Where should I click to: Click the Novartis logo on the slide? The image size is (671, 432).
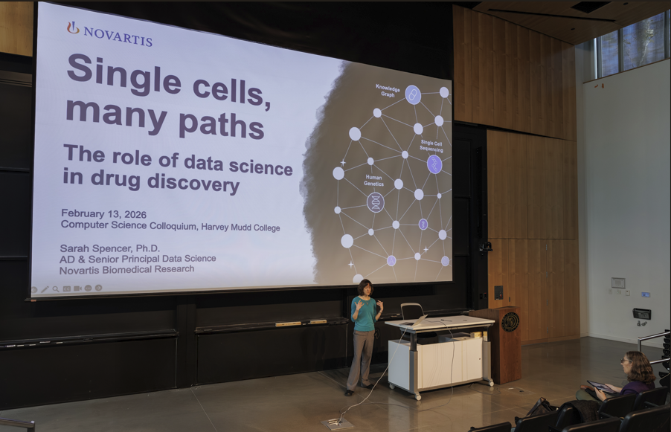coord(109,33)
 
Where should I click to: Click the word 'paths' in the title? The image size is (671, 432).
coord(221,124)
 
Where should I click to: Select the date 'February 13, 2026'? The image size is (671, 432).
coord(103,214)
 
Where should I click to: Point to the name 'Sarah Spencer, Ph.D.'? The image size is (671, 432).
coord(110,248)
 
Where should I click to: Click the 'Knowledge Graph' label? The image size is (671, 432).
coord(388,91)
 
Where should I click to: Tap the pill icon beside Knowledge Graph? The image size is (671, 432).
coord(413,95)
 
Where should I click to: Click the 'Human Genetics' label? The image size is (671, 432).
coord(373,180)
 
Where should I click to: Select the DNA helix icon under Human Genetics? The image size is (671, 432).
coord(375,202)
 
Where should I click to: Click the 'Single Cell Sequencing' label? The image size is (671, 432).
coord(431,146)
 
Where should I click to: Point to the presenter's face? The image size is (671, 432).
coord(366,289)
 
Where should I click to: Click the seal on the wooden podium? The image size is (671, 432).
coord(510,322)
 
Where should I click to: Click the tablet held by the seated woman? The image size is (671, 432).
coord(601,387)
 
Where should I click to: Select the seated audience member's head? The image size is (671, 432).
coord(635,367)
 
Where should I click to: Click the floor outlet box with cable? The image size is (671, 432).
coord(337,423)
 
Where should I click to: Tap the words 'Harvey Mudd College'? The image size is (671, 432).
coord(240,227)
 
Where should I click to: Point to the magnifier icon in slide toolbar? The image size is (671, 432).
coord(56,289)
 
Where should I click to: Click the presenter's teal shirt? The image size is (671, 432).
coord(365,315)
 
